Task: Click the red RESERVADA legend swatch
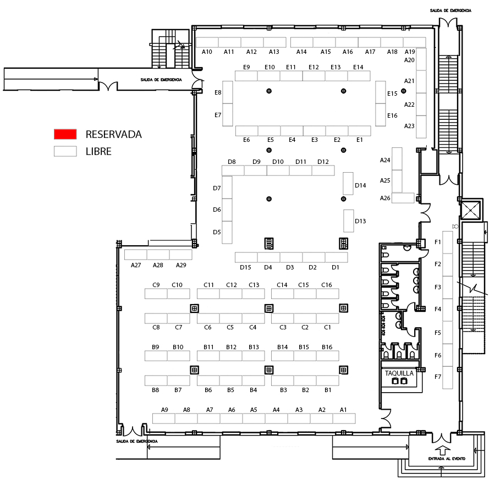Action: pos(65,134)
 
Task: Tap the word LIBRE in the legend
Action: pos(98,152)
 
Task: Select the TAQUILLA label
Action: pos(399,373)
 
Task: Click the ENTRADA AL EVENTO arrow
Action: pos(443,450)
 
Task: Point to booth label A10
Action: pos(207,52)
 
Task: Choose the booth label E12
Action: pos(313,67)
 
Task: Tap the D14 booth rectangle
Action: pos(348,184)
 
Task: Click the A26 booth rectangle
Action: pos(403,198)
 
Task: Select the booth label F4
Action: pos(438,309)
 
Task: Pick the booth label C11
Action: pos(208,285)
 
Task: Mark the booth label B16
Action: pos(327,347)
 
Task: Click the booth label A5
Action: pos(254,410)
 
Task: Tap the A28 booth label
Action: pos(158,265)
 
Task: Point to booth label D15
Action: pos(245,267)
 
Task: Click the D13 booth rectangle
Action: pos(349,221)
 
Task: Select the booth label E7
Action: pos(218,115)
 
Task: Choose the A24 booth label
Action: pos(385,161)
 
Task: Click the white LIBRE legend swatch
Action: pos(65,151)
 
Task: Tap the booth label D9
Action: pos(256,162)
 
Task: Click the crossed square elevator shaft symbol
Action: pos(470,210)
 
